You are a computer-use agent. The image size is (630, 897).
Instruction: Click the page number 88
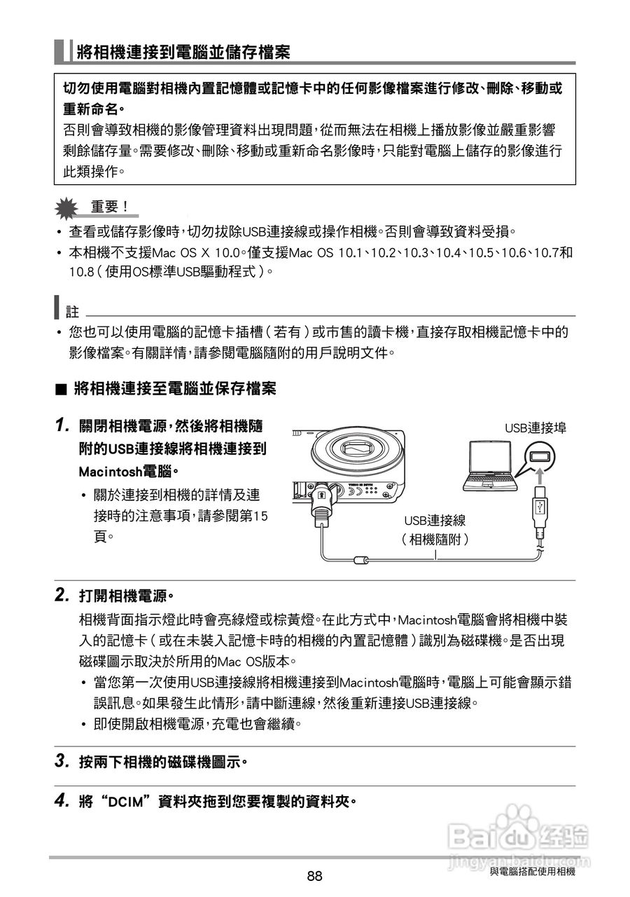(x=314, y=876)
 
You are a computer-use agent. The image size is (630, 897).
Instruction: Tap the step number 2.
(x=62, y=596)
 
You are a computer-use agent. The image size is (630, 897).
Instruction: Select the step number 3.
(x=62, y=760)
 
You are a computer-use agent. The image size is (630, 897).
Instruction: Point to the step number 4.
(x=62, y=800)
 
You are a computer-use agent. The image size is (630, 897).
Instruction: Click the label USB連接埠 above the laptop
(x=535, y=427)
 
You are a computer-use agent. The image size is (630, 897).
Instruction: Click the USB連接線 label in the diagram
(x=435, y=521)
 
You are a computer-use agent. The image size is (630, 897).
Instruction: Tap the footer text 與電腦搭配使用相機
(x=532, y=871)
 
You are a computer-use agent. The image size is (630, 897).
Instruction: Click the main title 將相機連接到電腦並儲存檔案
(x=184, y=51)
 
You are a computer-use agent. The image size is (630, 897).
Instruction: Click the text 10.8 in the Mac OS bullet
(x=80, y=270)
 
